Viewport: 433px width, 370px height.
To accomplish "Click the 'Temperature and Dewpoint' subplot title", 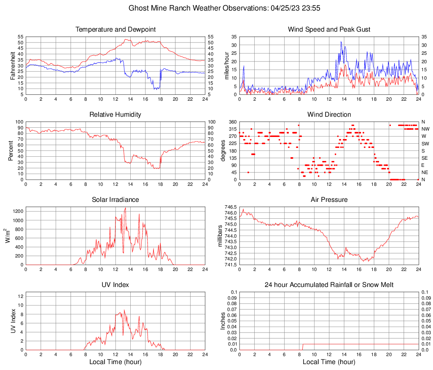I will tap(116, 29).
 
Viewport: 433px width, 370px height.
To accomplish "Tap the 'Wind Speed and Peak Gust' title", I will tap(329, 29).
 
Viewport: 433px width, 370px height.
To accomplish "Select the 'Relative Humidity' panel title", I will tap(116, 115).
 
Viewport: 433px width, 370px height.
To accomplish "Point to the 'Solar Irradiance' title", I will tap(116, 200).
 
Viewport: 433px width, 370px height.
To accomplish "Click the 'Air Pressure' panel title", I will tap(329, 200).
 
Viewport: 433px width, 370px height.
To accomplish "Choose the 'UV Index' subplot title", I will tap(116, 285).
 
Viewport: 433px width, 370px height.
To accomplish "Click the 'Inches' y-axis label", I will tap(223, 321).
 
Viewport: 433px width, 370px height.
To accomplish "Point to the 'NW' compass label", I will tap(425, 129).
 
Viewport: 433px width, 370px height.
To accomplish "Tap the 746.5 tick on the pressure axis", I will tap(231, 207).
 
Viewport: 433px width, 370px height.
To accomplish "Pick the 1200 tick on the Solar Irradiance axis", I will tap(17, 209).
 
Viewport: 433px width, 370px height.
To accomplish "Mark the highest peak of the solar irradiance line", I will tap(125, 208).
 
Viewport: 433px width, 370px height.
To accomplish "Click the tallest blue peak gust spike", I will tap(341, 42).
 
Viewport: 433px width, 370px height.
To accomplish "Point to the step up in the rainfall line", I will tap(302, 344).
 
